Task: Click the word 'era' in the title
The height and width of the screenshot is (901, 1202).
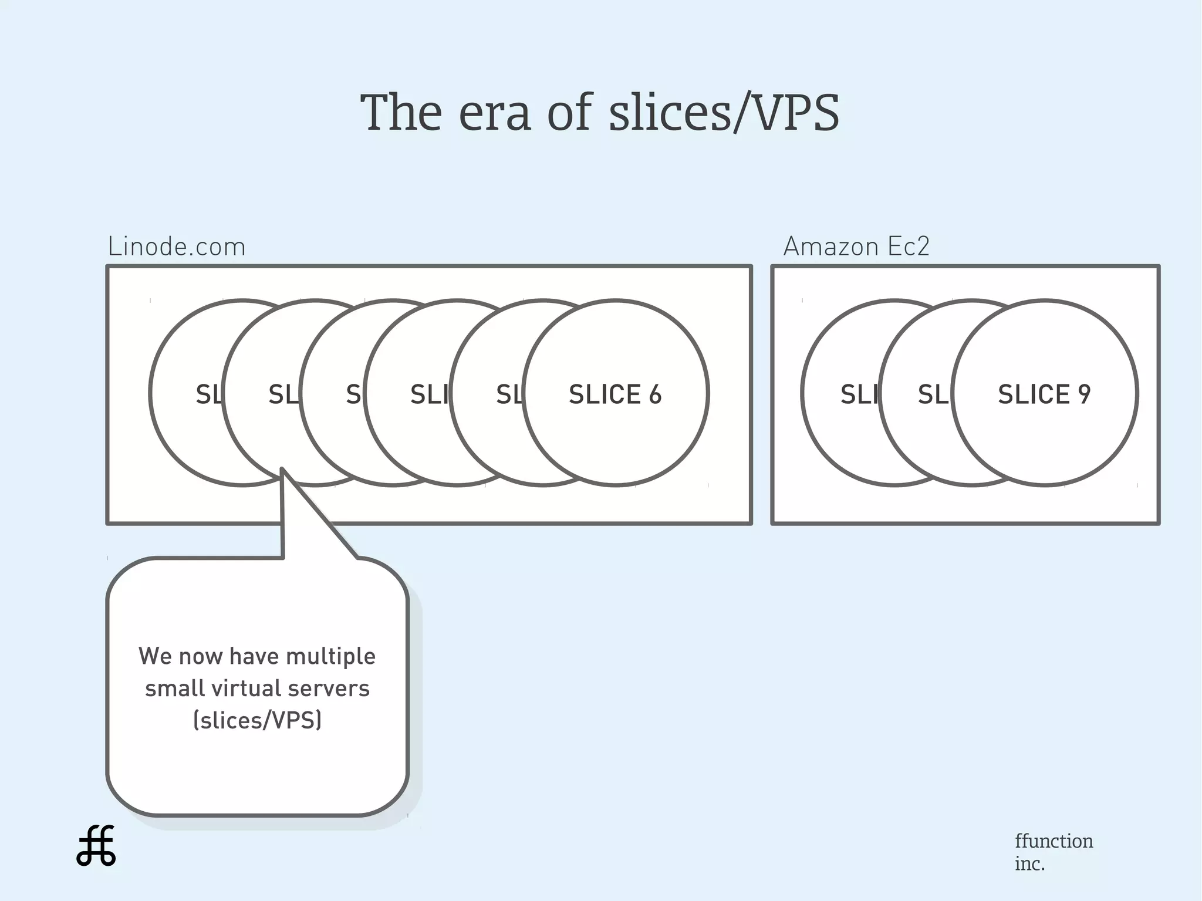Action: click(x=495, y=113)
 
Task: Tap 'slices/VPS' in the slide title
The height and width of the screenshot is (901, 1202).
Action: click(x=724, y=113)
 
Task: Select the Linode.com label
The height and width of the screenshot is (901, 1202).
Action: click(x=177, y=247)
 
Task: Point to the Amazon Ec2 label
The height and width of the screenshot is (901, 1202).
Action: click(x=856, y=247)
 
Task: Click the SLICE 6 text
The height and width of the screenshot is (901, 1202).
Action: click(x=614, y=394)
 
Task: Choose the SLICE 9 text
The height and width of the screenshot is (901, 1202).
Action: click(x=1044, y=394)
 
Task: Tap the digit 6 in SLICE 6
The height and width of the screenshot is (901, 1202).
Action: click(x=655, y=394)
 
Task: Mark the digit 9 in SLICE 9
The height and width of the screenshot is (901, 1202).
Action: click(x=1084, y=394)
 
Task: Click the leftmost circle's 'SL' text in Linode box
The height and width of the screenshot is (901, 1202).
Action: click(x=209, y=394)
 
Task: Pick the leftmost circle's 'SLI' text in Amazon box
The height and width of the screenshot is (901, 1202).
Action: click(x=859, y=394)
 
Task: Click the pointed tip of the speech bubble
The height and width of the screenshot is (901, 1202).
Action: click(x=282, y=470)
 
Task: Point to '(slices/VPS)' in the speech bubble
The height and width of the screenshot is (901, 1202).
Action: click(x=257, y=720)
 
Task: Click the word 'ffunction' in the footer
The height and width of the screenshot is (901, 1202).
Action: click(x=1054, y=841)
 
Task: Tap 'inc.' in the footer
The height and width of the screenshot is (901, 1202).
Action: click(x=1029, y=864)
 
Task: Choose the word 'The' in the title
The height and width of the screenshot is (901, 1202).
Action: click(x=401, y=113)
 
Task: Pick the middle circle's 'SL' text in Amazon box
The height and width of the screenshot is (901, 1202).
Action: click(x=933, y=394)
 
